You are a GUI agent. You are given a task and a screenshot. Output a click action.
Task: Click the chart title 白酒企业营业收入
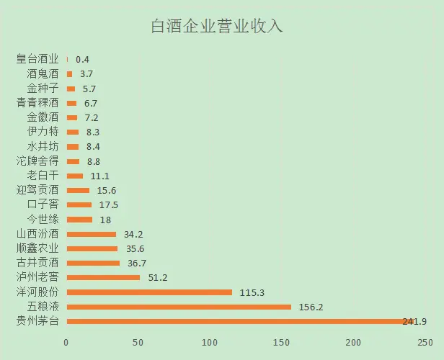tap(217, 27)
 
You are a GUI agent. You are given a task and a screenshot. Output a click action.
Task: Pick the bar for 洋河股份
tap(149, 292)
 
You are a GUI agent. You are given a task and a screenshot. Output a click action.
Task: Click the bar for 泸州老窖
tap(103, 277)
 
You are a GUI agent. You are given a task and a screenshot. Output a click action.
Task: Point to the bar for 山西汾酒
tap(91, 234)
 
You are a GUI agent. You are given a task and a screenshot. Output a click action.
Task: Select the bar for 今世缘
tap(79, 219)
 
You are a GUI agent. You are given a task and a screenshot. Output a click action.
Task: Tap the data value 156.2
tap(312, 307)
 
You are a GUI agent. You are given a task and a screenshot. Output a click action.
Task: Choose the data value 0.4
tap(82, 60)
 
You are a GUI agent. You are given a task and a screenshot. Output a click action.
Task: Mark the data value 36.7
tap(136, 263)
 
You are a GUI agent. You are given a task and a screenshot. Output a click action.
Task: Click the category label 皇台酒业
tap(37, 59)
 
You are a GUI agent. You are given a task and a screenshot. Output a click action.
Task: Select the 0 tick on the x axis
tap(66, 342)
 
